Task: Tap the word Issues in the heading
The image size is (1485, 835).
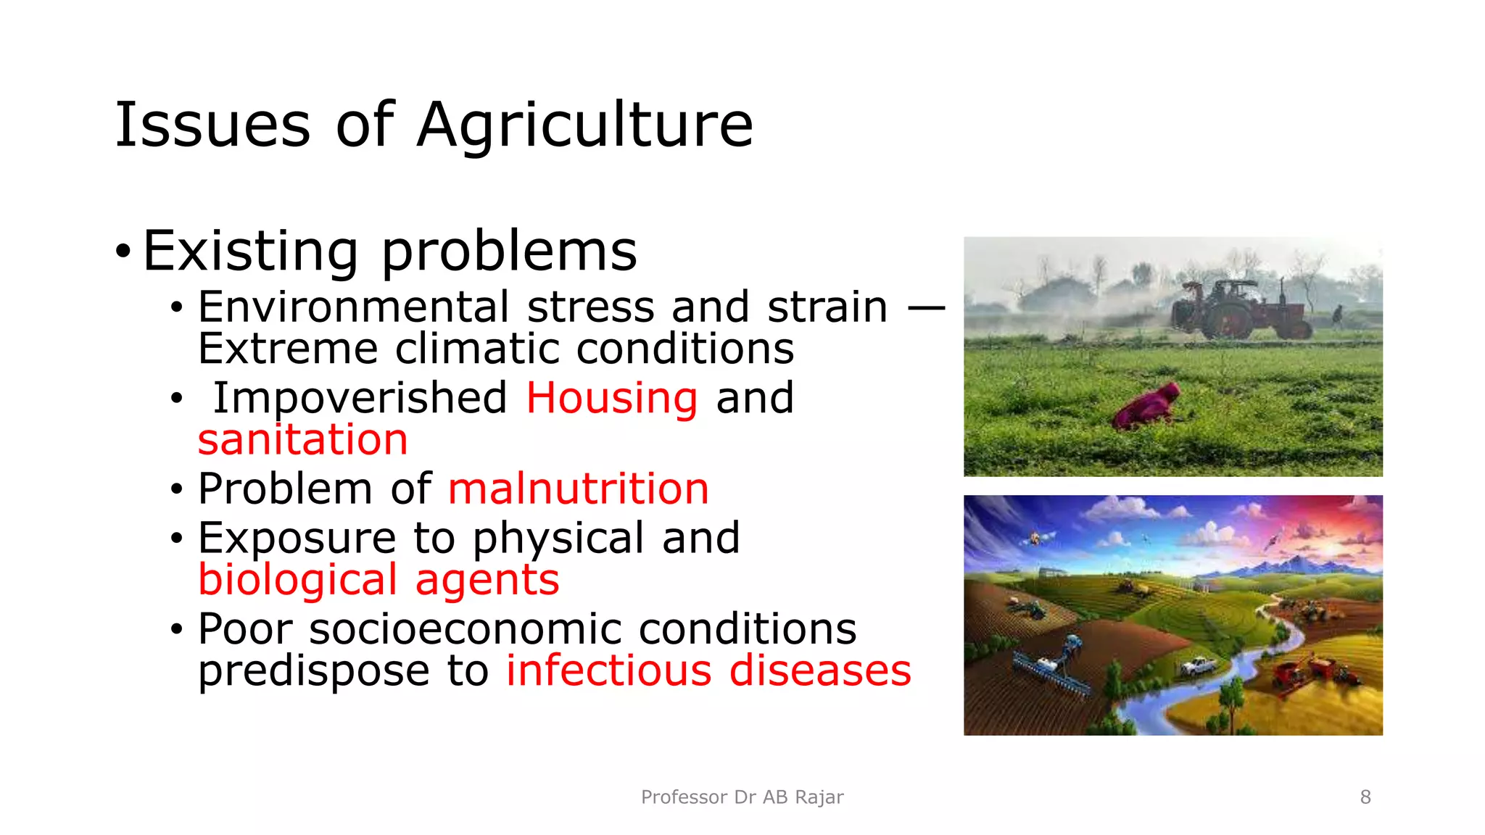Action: tap(212, 125)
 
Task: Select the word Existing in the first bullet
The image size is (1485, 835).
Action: tap(250, 252)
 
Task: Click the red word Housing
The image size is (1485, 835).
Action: tap(612, 398)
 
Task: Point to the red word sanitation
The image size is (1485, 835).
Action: tap(303, 440)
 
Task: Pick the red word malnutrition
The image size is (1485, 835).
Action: tap(578, 489)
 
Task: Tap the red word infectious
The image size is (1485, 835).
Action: tap(608, 670)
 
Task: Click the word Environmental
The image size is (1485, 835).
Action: tap(354, 307)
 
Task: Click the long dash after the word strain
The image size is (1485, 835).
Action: tap(926, 308)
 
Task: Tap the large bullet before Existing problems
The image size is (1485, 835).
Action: tap(123, 252)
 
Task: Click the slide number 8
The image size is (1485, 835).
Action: tap(1365, 797)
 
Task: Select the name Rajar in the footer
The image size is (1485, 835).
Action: tap(819, 797)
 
